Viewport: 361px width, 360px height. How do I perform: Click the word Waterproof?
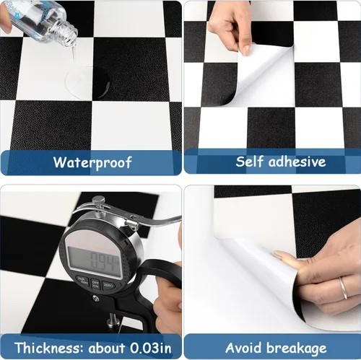[92, 162]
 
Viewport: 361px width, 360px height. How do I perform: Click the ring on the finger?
[344, 287]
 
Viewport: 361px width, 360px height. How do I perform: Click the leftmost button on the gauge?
[79, 281]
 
